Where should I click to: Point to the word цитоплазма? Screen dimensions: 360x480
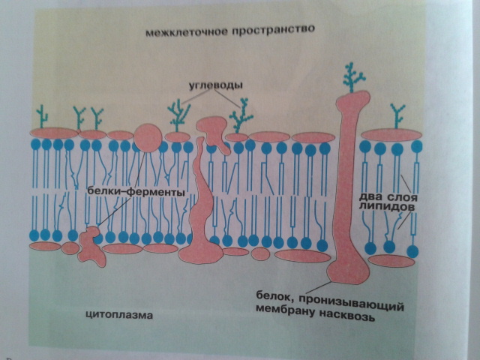coord(119,316)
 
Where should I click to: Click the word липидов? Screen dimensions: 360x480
coord(384,205)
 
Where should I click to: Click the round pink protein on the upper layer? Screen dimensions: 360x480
coord(148,136)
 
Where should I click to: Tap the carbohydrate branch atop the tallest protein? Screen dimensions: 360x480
coord(353,76)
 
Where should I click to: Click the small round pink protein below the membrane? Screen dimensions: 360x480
coord(260,253)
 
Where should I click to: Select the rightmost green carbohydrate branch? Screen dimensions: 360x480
coord(397,116)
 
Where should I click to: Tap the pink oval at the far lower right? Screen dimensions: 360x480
coord(392,260)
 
